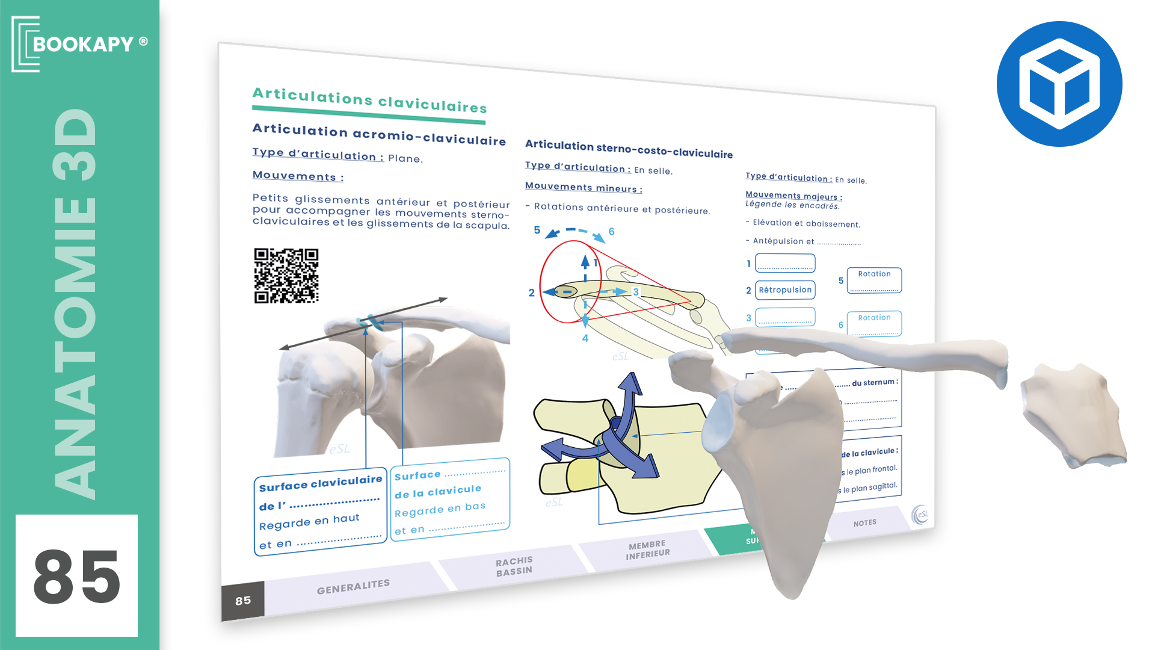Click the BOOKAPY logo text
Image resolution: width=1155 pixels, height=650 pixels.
pyautogui.click(x=82, y=44)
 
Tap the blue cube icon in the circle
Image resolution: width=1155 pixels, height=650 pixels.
pyautogui.click(x=1059, y=84)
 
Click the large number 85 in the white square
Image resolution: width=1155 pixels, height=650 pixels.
pyautogui.click(x=76, y=576)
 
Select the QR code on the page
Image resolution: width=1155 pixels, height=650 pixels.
pyautogui.click(x=286, y=276)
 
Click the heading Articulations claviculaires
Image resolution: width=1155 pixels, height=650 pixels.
pyautogui.click(x=369, y=101)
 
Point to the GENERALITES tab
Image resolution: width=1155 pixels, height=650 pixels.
pyautogui.click(x=353, y=586)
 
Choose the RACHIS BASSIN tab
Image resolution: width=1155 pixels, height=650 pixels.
pyautogui.click(x=514, y=566)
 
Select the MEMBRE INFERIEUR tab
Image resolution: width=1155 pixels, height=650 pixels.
pyautogui.click(x=647, y=549)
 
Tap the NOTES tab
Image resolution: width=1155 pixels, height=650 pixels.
pyautogui.click(x=864, y=523)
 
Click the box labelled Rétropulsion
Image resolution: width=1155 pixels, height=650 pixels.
pyautogui.click(x=785, y=290)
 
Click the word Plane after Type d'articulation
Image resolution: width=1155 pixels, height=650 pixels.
pyautogui.click(x=405, y=159)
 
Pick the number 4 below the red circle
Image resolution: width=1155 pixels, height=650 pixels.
pyautogui.click(x=585, y=338)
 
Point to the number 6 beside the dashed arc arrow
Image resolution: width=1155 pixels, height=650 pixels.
pyautogui.click(x=611, y=232)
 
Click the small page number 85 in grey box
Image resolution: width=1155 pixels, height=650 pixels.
pyautogui.click(x=243, y=601)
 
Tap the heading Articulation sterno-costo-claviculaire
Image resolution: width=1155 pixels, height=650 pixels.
pyautogui.click(x=629, y=149)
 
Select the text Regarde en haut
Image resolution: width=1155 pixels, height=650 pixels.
pyautogui.click(x=309, y=522)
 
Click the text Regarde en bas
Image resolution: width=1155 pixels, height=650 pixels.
pyautogui.click(x=440, y=509)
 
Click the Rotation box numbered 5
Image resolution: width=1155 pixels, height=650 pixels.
pyautogui.click(x=874, y=280)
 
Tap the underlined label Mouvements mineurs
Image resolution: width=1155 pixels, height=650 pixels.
pyautogui.click(x=584, y=188)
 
